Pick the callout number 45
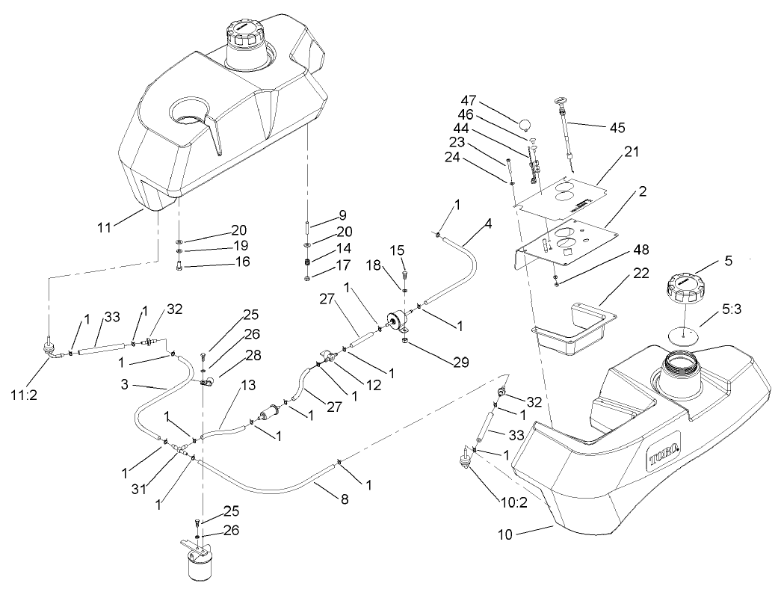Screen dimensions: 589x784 tap(617, 128)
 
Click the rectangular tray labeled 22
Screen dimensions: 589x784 tap(574, 329)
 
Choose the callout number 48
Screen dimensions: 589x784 tap(641, 249)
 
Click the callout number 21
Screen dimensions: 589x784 tap(632, 152)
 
